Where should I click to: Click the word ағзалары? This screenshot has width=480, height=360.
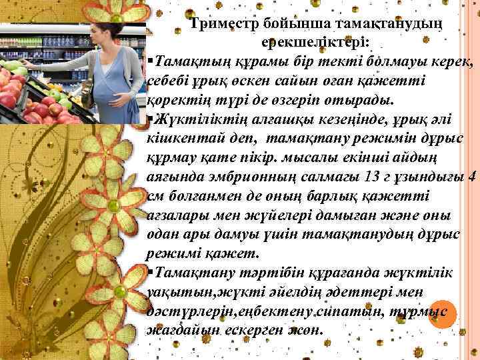(174, 216)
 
